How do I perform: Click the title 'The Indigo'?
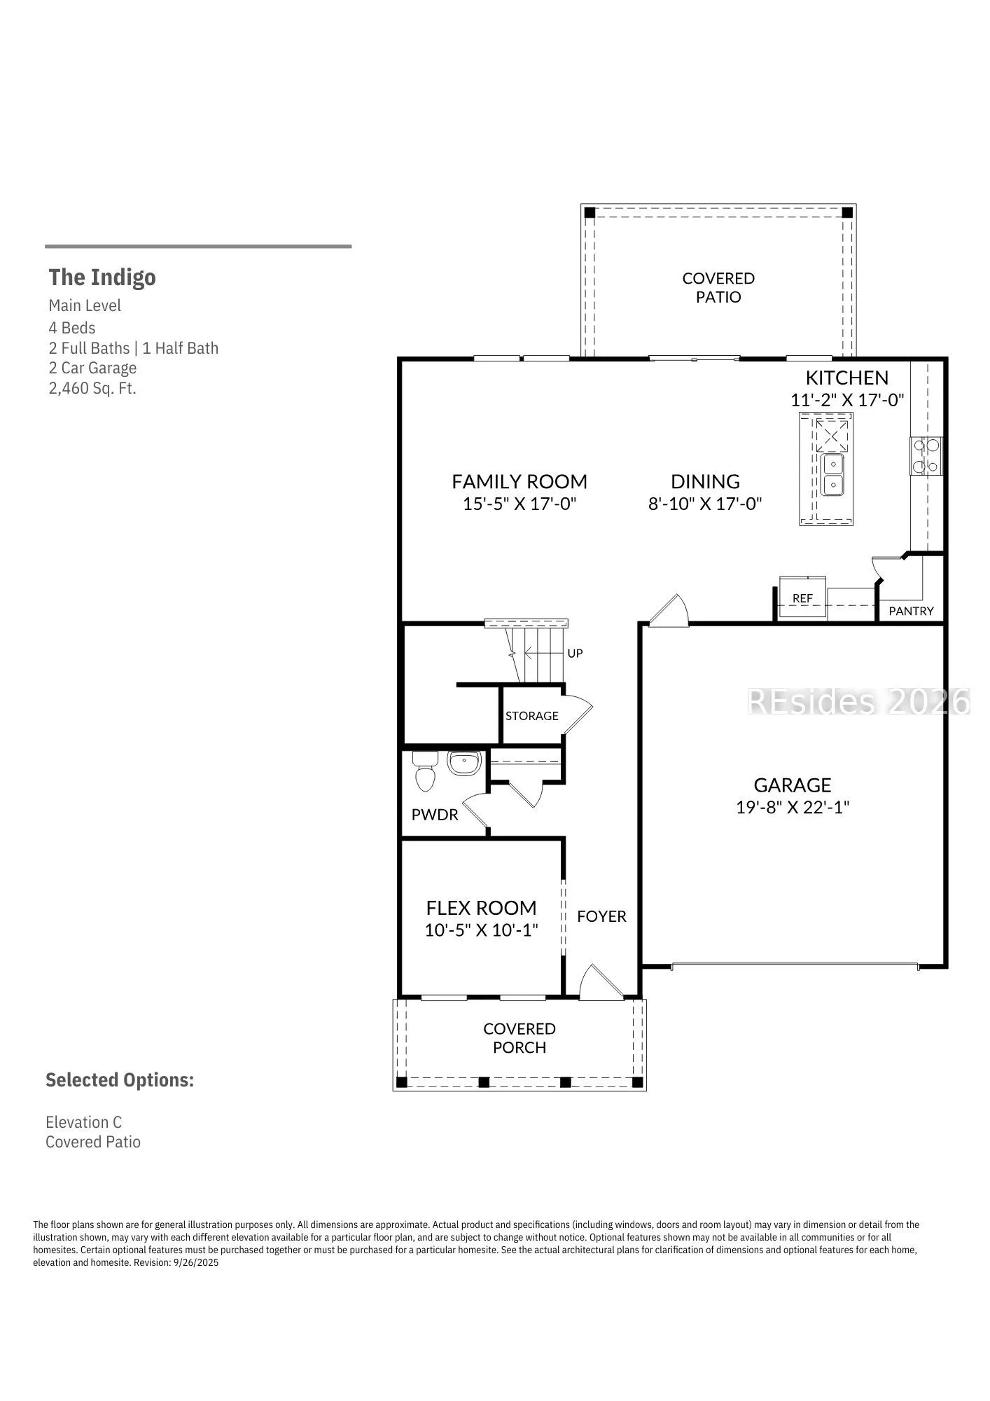[x=102, y=277]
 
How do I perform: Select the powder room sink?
[x=463, y=763]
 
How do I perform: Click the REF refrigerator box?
[x=802, y=597]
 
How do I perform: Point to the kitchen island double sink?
[x=832, y=474]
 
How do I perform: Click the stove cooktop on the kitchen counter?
[x=926, y=456]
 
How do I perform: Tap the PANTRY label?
[x=911, y=611]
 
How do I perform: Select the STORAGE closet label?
[x=532, y=715]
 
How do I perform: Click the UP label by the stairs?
[x=575, y=653]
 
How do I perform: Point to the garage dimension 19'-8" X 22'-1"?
[x=793, y=807]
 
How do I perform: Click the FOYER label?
[x=601, y=916]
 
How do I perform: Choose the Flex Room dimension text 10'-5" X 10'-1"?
[x=481, y=930]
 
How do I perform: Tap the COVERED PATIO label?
[x=718, y=287]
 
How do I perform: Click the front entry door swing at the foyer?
[x=601, y=980]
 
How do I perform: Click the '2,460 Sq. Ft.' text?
[x=92, y=388]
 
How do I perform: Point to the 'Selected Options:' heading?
[x=120, y=1080]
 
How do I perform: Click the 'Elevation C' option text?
[x=84, y=1122]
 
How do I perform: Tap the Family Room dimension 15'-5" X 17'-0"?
[x=520, y=503]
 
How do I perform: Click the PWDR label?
[x=435, y=815]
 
